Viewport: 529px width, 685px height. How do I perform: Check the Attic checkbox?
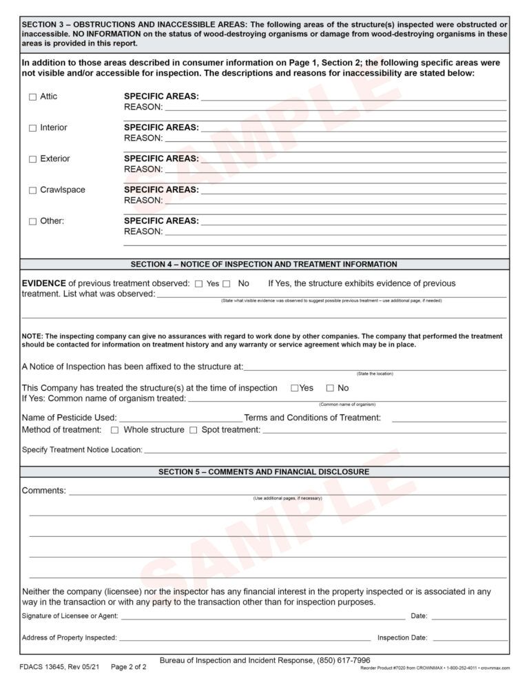click(x=32, y=97)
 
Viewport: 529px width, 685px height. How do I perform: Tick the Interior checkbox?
click(x=32, y=128)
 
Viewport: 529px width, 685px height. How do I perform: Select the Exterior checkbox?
click(x=32, y=159)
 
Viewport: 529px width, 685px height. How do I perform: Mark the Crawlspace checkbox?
click(x=32, y=190)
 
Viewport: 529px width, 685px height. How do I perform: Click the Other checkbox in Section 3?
click(x=32, y=222)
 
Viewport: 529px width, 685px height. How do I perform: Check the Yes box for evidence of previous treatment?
click(x=199, y=284)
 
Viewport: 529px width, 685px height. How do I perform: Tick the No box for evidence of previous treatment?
click(x=227, y=284)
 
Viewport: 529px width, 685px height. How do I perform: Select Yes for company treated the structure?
click(x=295, y=389)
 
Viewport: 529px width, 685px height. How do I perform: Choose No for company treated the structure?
click(x=330, y=389)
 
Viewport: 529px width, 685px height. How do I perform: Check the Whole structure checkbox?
click(x=115, y=431)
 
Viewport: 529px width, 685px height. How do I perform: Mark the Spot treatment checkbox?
click(x=194, y=431)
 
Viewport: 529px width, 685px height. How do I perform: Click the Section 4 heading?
click(x=264, y=264)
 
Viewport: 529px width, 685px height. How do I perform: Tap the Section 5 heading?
click(x=264, y=472)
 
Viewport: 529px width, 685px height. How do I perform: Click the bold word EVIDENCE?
click(x=43, y=283)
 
